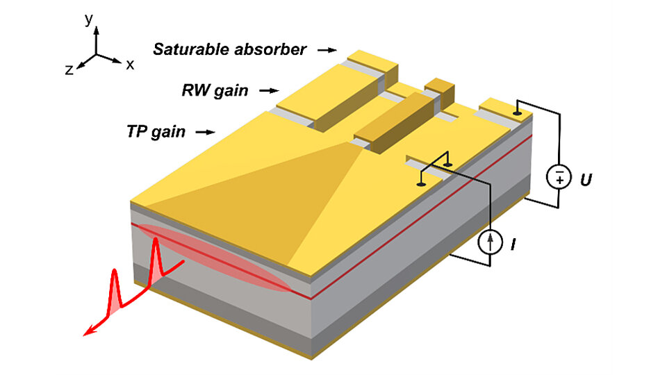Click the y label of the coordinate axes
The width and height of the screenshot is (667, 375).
(88, 19)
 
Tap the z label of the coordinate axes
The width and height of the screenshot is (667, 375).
(69, 69)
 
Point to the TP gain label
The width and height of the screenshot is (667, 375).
(156, 131)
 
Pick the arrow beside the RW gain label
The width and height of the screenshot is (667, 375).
(269, 90)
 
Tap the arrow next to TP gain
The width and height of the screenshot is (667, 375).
(206, 131)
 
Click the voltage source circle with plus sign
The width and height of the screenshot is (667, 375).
(559, 177)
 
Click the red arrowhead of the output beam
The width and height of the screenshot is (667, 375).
(88, 333)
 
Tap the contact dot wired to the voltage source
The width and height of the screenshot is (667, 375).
(517, 112)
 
